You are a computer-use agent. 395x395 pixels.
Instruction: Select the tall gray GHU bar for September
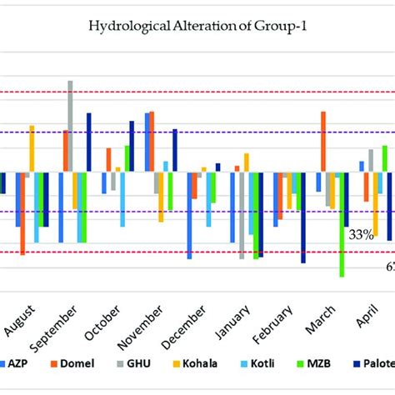click(70, 127)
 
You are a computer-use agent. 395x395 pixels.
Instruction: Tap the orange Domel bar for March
click(323, 142)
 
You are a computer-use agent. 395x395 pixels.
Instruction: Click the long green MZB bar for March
click(342, 223)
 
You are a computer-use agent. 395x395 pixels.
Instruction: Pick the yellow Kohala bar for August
click(32, 149)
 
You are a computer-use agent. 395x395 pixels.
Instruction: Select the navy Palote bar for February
click(303, 217)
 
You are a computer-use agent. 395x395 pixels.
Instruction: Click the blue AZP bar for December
click(189, 215)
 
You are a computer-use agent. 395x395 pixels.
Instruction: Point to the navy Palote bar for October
click(132, 147)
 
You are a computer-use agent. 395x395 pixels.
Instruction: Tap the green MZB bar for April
click(384, 159)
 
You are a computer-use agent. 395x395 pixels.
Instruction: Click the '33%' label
click(360, 235)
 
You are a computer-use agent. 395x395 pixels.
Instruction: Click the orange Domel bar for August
click(22, 213)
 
